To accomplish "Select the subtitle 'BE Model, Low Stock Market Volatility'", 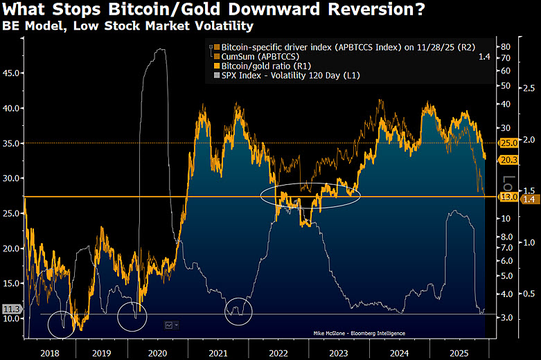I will (127, 26).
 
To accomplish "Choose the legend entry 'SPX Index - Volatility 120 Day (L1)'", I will (290, 75).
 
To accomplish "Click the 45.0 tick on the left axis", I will (12, 71).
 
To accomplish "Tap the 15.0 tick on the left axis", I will (12, 283).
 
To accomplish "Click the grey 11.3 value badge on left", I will (11, 309).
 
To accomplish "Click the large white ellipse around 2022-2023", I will (311, 195).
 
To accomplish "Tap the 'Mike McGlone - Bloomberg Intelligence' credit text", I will (359, 333).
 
